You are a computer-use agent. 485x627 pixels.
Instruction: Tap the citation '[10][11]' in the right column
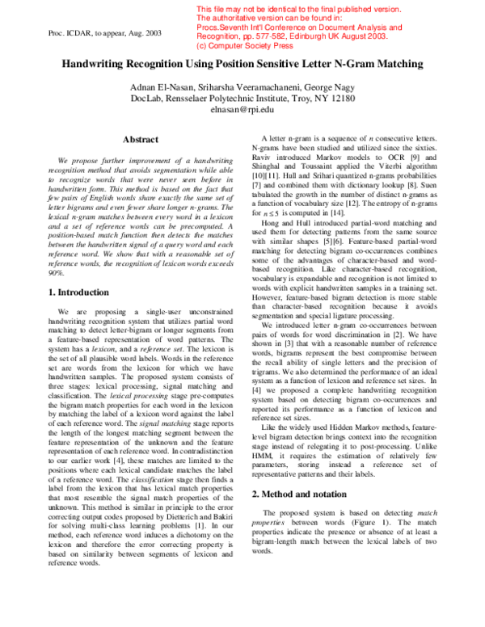(x=267, y=175)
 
